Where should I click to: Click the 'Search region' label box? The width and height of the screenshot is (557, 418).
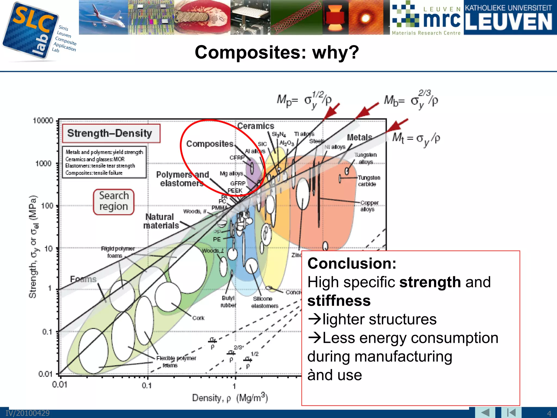[x=114, y=202]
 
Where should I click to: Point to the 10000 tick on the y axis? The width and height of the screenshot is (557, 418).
[x=43, y=121]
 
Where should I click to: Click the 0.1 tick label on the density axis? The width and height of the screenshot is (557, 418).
[x=147, y=385]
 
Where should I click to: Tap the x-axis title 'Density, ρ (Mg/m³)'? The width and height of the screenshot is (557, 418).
[x=230, y=398]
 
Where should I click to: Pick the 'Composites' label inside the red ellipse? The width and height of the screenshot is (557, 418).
[x=210, y=144]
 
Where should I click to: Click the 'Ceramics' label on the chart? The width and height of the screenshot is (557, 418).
[x=256, y=126]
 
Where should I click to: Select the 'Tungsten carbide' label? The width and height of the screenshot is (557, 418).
[x=369, y=181]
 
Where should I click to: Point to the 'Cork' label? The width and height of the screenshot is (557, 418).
[x=198, y=318]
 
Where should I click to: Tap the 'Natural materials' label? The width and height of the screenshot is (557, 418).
[x=161, y=221]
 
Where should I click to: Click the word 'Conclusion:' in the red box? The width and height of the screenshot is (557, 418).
[x=352, y=263]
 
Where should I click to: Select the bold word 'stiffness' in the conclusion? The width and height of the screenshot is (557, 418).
[x=339, y=300]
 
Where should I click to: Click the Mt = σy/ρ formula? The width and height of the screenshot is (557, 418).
[x=416, y=138]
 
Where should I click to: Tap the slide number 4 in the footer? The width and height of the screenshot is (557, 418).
[x=549, y=413]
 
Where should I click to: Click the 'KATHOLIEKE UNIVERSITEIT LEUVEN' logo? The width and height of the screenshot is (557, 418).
[x=510, y=17]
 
